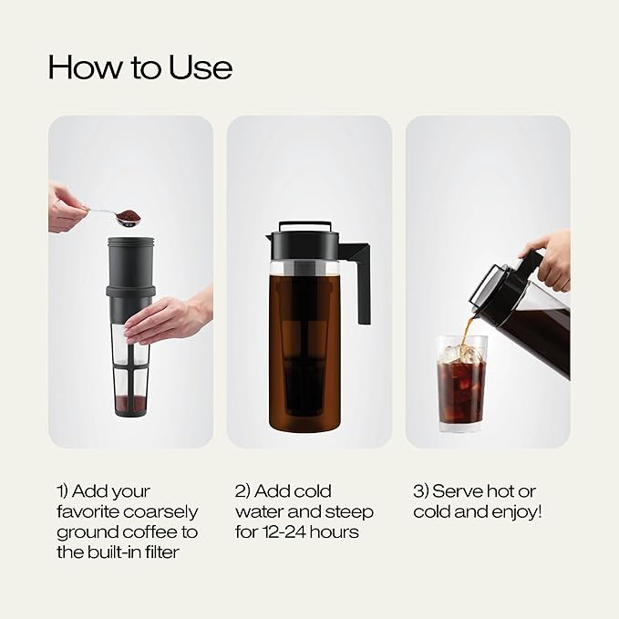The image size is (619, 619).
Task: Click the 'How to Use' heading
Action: [139, 67]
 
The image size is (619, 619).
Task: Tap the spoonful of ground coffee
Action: [129, 216]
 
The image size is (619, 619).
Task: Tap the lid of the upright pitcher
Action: [304, 239]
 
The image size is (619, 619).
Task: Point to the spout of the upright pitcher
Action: [272, 240]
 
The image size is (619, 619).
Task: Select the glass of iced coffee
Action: [460, 383]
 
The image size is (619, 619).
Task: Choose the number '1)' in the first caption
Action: [65, 491]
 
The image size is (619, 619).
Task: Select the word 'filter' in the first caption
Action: [176, 552]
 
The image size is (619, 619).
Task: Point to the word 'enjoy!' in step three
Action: [514, 511]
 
